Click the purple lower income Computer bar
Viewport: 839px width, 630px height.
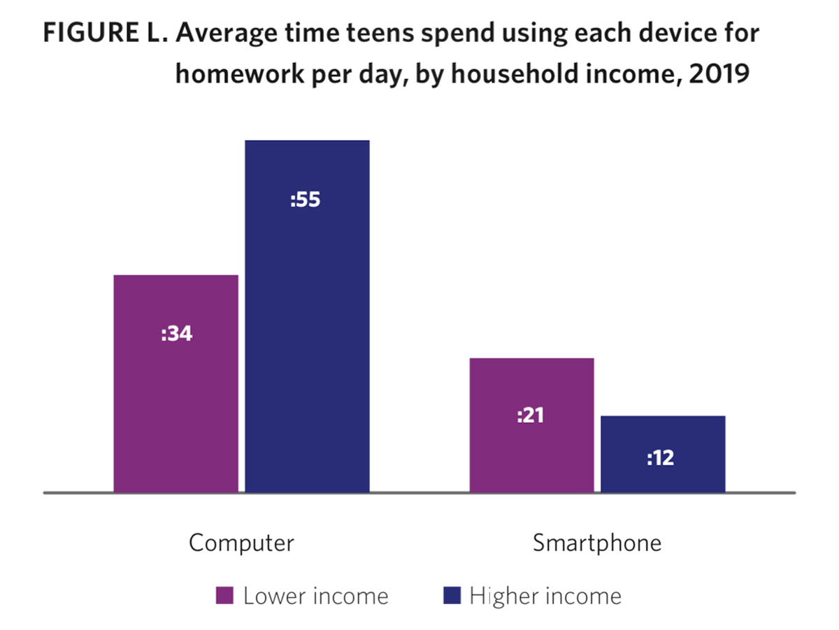[x=175, y=384]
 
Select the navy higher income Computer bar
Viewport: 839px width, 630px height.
[x=308, y=316]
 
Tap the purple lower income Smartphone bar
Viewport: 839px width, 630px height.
[x=531, y=425]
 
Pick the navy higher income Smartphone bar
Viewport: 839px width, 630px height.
[x=664, y=454]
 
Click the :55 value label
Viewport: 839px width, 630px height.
[x=305, y=199]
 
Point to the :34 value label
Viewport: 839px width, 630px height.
[x=177, y=334]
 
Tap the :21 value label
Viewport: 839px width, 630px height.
[x=530, y=415]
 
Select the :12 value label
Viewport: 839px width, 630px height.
[x=661, y=458]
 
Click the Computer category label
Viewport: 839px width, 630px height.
[x=242, y=542]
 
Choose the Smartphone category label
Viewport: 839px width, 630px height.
[x=597, y=542]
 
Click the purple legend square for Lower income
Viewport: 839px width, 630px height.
[x=224, y=596]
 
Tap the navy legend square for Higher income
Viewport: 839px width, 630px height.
[x=452, y=596]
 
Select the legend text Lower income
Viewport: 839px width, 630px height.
[x=316, y=596]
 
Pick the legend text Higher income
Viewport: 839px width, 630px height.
[x=545, y=596]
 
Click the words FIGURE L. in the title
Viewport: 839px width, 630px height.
[x=106, y=32]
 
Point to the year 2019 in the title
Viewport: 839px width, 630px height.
[x=719, y=73]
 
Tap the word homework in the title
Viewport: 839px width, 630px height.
[x=240, y=73]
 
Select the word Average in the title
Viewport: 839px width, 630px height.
[x=227, y=34]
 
